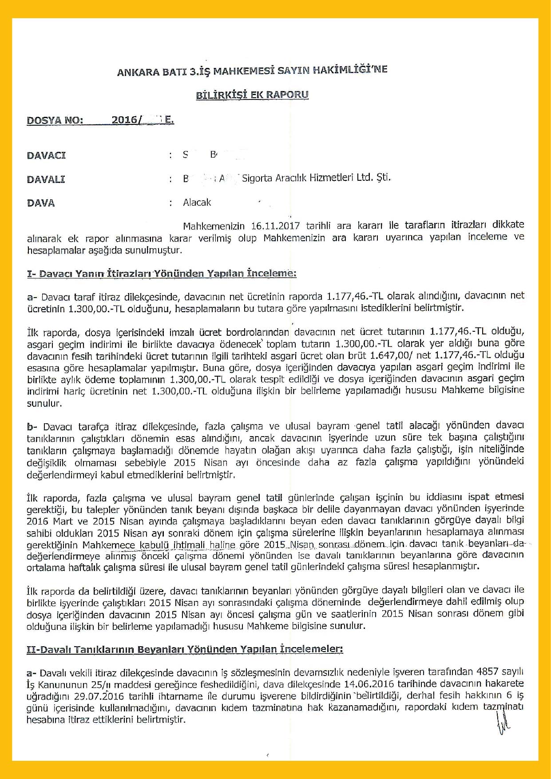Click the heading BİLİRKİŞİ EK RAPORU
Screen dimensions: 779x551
pos(252,95)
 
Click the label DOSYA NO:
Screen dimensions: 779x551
pos(55,120)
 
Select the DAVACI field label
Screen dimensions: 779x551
pos(46,155)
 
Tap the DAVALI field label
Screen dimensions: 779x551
pos(46,179)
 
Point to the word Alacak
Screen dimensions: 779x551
pos(197,203)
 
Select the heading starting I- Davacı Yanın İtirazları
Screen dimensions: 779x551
pos(162,273)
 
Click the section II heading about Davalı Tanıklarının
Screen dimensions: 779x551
pos(185,649)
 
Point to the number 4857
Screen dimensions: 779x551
pos(487,672)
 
